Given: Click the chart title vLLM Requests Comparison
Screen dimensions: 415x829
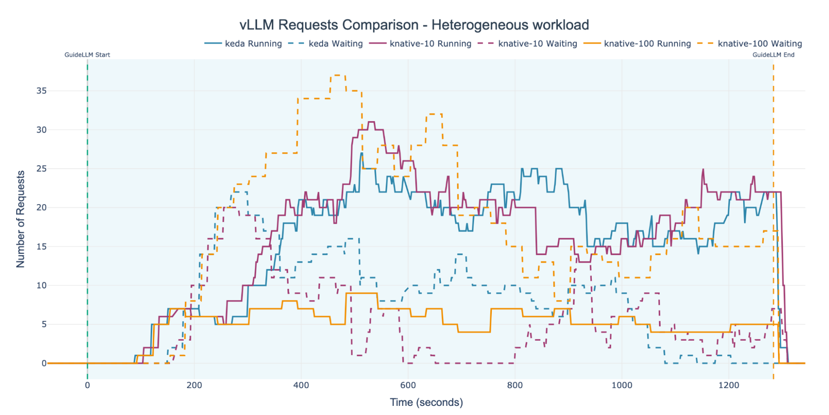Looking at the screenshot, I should click(x=414, y=25).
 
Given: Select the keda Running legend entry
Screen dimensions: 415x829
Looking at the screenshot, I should click(x=243, y=44).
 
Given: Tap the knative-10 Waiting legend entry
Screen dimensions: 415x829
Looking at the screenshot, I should click(x=528, y=44).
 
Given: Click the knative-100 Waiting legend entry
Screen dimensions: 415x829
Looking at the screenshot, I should click(x=750, y=44).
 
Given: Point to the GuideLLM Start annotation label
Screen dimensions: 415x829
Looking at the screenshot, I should click(x=87, y=55).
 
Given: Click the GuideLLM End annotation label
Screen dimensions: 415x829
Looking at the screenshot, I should click(x=773, y=55).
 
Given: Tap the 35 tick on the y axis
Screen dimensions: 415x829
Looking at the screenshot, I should click(x=41, y=91).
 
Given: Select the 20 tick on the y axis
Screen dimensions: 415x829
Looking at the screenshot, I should click(x=41, y=207).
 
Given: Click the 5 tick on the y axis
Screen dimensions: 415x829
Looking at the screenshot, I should click(x=44, y=324).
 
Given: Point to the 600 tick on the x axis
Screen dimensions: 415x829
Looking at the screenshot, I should click(x=408, y=385).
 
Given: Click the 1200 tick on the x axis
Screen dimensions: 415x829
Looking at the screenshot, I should click(x=729, y=385).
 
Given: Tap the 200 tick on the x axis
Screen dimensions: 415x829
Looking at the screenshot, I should click(x=194, y=385).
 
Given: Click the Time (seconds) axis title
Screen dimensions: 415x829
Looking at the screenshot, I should click(x=426, y=402).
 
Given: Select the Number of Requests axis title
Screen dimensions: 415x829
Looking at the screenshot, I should click(x=20, y=219).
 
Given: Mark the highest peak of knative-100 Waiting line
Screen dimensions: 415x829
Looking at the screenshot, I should click(x=338, y=75).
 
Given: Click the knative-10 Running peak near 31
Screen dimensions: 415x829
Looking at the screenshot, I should click(x=371, y=122).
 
